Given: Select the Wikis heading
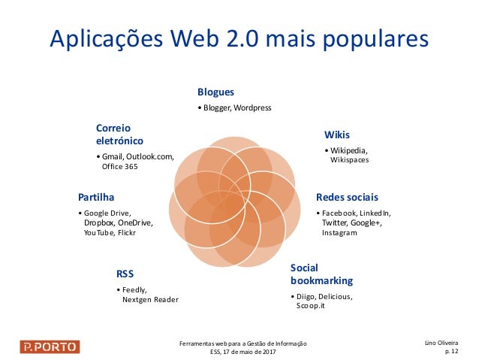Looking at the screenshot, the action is [x=337, y=135].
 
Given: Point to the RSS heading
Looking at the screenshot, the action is [x=125, y=273].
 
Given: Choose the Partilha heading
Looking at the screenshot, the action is [x=96, y=197].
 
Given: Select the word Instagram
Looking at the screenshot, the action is [x=339, y=233].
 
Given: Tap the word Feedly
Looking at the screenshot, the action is [x=135, y=289].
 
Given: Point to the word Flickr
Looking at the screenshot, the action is [x=126, y=233].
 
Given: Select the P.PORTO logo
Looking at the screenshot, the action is [x=50, y=346].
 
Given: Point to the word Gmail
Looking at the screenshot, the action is [x=113, y=156].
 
